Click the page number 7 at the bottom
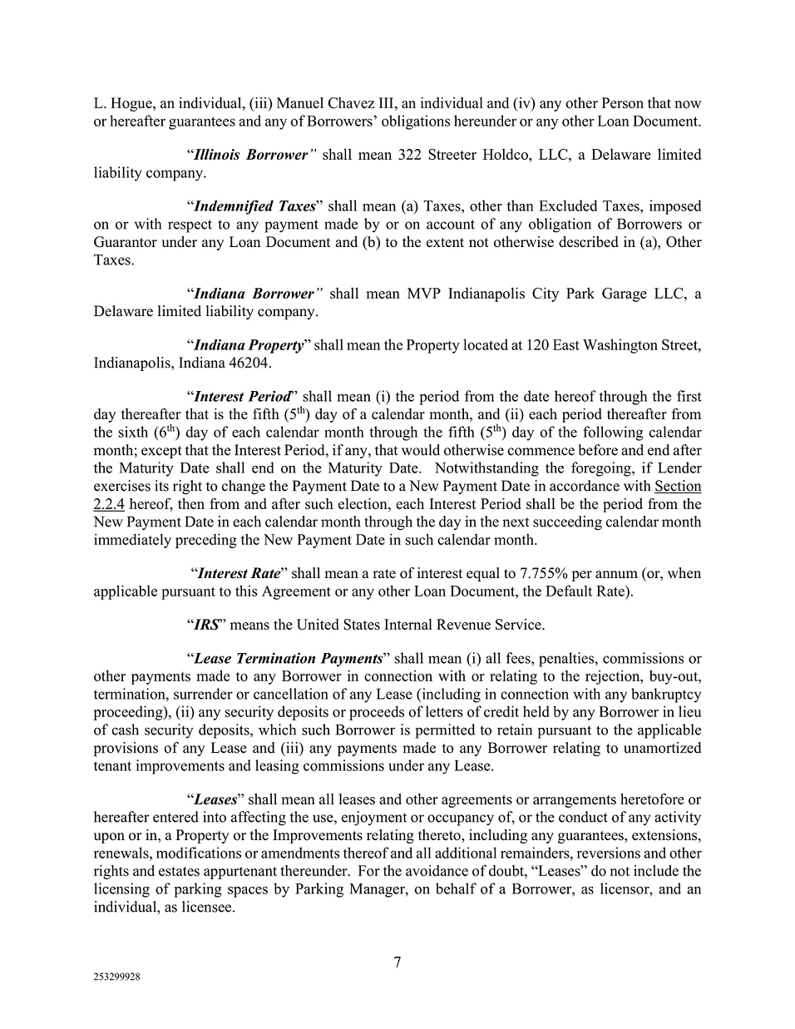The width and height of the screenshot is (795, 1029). click(397, 962)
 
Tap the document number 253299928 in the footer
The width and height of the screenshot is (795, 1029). click(116, 978)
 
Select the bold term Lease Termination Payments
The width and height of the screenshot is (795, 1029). click(288, 658)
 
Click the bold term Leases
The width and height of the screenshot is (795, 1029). click(215, 799)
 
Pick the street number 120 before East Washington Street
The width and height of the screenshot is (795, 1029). click(538, 344)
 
